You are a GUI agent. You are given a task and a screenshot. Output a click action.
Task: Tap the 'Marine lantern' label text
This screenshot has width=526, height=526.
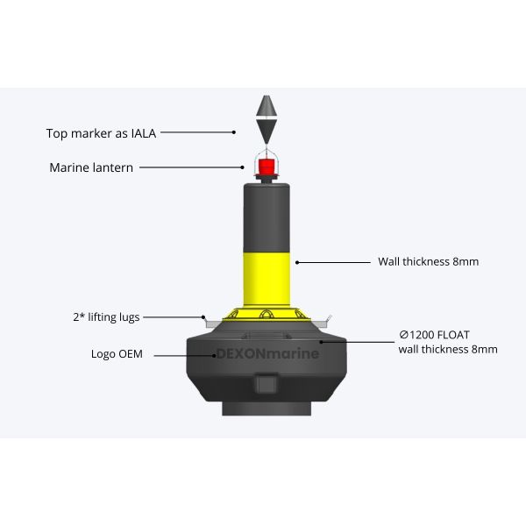click(x=91, y=167)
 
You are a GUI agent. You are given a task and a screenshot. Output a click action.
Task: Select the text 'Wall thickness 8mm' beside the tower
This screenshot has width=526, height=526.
click(x=428, y=261)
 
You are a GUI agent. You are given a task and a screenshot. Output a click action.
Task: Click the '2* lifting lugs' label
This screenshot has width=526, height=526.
click(x=105, y=316)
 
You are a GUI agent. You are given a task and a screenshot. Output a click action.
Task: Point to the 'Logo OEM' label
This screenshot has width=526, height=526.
click(x=117, y=354)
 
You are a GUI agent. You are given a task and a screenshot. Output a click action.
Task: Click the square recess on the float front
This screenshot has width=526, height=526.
click(x=264, y=384)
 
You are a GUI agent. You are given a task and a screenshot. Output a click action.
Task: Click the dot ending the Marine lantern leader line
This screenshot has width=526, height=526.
click(x=245, y=167)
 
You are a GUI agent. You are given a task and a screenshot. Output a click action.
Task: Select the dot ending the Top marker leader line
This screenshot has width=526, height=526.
click(x=234, y=133)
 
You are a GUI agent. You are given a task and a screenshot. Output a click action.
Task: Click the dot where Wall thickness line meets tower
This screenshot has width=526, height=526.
click(x=297, y=261)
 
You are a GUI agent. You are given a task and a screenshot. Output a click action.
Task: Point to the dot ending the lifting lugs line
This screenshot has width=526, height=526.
click(x=203, y=316)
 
